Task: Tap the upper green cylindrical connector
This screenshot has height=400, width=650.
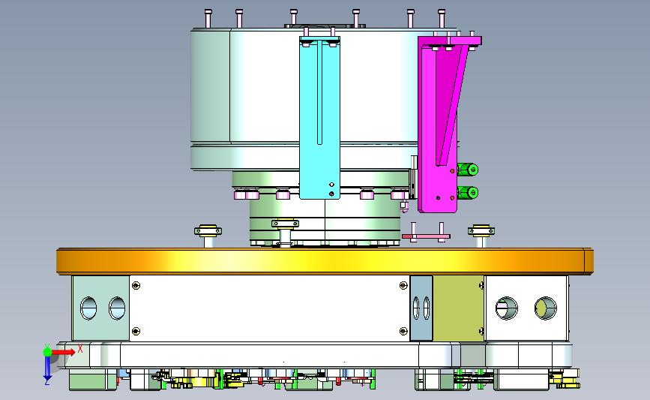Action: (x=468, y=170)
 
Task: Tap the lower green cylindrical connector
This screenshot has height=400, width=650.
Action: (x=468, y=193)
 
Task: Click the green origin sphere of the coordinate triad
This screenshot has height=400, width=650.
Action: (x=48, y=352)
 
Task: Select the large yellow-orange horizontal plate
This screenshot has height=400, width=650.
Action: (x=325, y=261)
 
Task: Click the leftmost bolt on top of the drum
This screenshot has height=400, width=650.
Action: (x=208, y=19)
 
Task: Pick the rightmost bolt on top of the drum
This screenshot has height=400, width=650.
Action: (x=442, y=19)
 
